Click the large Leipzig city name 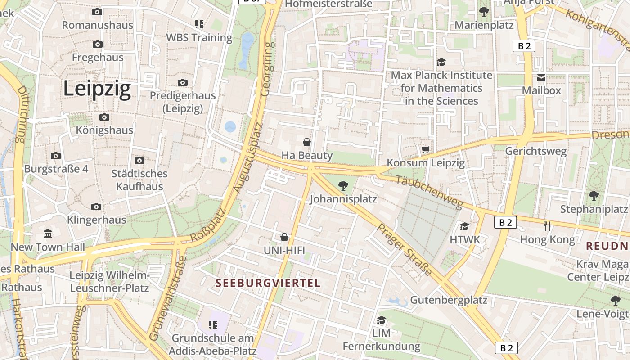point(97,89)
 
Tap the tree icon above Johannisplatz point(343,185)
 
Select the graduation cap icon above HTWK point(464,226)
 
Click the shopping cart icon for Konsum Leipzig point(425,149)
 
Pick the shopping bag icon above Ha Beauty point(307,142)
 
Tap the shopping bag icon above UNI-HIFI point(284,237)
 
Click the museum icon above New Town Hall point(48,234)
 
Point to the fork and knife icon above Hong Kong point(547,226)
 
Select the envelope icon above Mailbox point(541,78)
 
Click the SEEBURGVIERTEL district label point(268,283)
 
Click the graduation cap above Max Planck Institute point(441,62)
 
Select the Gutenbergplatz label point(449,300)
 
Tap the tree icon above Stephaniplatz point(594,195)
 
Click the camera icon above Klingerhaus point(96,207)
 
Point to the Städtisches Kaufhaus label point(139,180)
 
